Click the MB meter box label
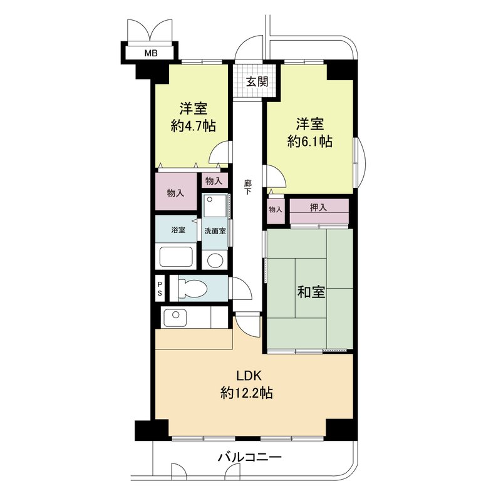(x=151, y=53)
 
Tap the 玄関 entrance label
(x=257, y=82)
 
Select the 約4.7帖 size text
(x=194, y=127)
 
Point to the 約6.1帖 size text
(x=309, y=142)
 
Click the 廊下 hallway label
(x=247, y=187)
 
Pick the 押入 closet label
(x=319, y=208)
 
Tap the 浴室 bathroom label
(x=178, y=230)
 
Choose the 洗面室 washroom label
(x=215, y=230)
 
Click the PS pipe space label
(x=160, y=289)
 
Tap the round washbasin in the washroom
(x=215, y=261)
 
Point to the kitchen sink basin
(x=175, y=318)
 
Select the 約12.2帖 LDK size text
(x=246, y=393)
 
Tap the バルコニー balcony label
(x=249, y=457)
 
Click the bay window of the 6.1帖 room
(x=359, y=163)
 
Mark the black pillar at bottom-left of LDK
(x=152, y=430)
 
